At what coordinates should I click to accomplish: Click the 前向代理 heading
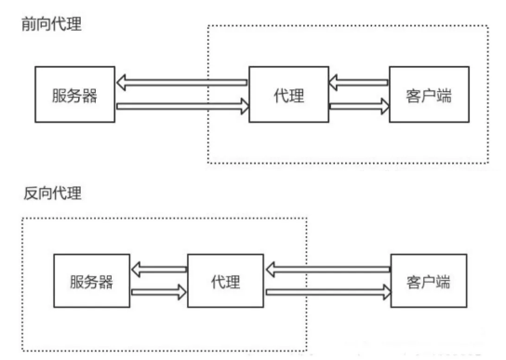[x=52, y=23]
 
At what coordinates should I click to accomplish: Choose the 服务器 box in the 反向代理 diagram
[x=89, y=280]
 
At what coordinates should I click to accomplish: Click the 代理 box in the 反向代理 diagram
[x=226, y=280]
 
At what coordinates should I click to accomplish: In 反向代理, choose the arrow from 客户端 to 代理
[x=327, y=269]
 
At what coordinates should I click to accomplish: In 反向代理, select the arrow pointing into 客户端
[x=327, y=292]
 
